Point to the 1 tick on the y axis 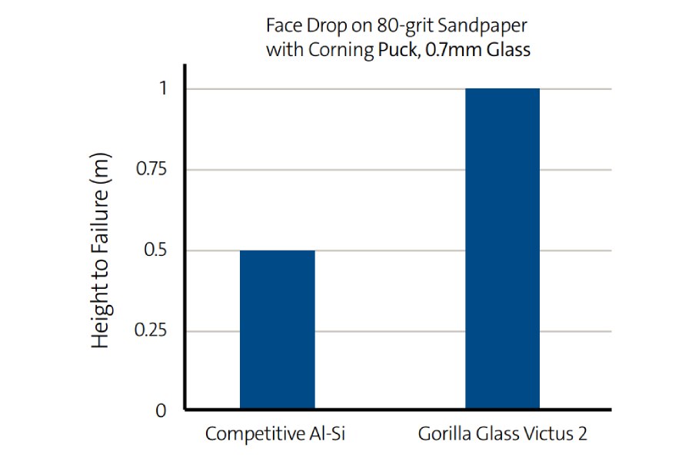click(162, 88)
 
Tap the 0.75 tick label click(151, 170)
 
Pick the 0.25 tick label click(151, 331)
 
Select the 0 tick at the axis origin click(161, 411)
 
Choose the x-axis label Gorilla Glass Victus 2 click(503, 434)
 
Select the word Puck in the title click(394, 51)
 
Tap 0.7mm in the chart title click(449, 51)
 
